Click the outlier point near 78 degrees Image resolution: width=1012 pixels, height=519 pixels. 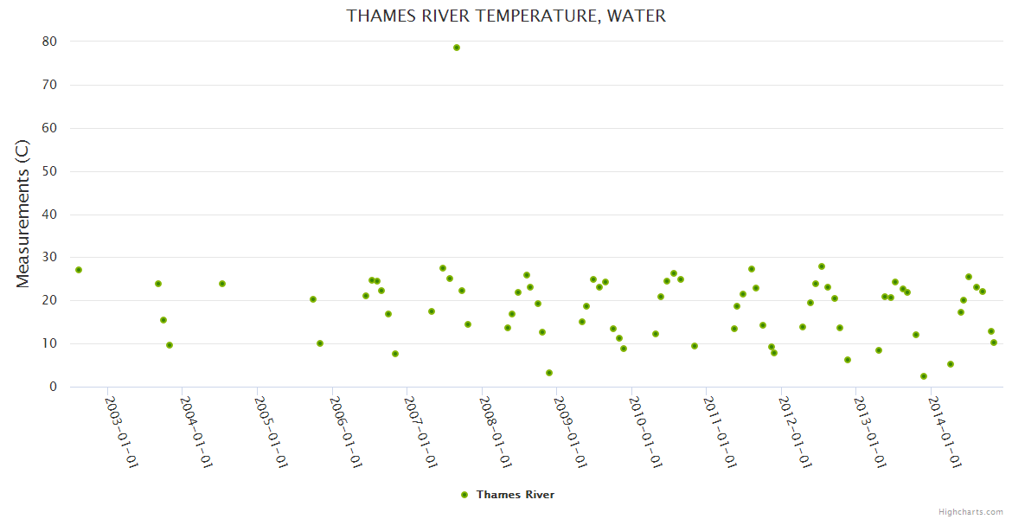[x=457, y=48]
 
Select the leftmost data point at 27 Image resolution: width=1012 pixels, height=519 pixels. [x=79, y=270]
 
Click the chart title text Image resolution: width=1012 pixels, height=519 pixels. [x=506, y=16]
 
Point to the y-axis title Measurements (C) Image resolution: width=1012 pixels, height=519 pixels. [x=23, y=214]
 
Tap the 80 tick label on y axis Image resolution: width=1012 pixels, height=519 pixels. [x=49, y=42]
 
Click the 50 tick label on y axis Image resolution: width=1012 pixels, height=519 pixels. [x=49, y=171]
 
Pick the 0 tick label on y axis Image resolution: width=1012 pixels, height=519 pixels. [x=53, y=387]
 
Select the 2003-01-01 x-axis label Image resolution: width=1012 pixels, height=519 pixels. [x=122, y=432]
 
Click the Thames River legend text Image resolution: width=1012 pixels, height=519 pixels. [x=516, y=495]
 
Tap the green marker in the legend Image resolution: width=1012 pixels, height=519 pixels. [x=464, y=495]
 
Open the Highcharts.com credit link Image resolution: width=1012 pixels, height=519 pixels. [x=970, y=511]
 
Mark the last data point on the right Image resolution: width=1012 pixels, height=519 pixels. [x=994, y=343]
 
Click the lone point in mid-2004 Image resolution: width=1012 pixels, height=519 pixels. [x=222, y=284]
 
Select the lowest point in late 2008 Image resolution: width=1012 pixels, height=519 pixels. [x=549, y=373]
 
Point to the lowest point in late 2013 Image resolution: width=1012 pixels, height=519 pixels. [x=924, y=376]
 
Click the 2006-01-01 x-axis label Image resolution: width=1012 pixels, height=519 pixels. [x=346, y=432]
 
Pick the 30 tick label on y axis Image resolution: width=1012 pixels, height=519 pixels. [x=49, y=258]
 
